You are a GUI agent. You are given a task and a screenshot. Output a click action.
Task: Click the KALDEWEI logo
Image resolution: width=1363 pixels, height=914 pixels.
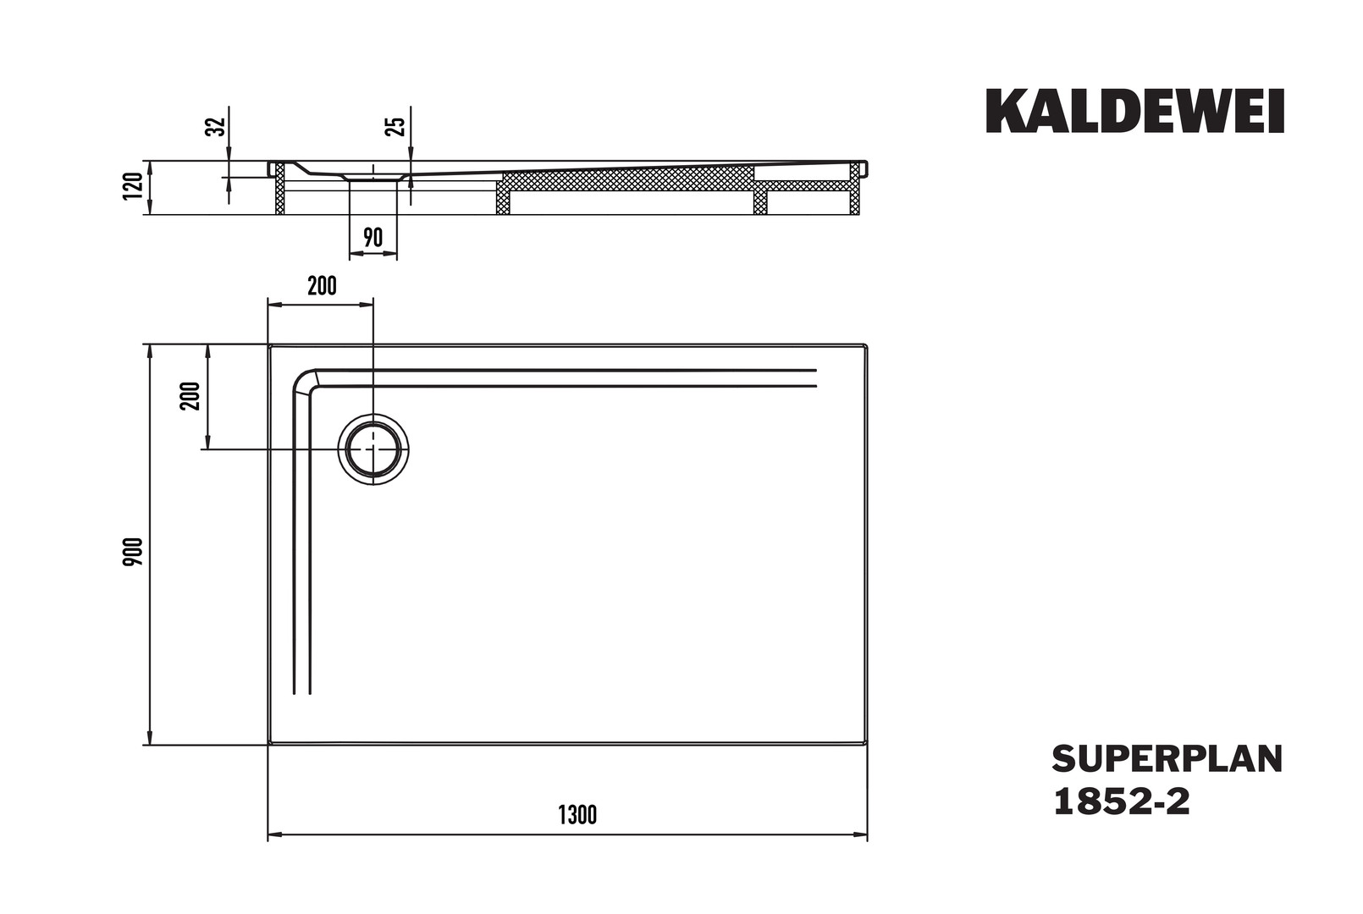(1134, 111)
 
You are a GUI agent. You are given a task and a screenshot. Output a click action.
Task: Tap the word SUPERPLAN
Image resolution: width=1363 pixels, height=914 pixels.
(1167, 759)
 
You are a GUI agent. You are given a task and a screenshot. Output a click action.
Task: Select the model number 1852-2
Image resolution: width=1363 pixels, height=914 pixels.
(1121, 801)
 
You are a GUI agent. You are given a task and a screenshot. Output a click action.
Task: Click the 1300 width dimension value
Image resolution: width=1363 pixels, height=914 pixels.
(577, 815)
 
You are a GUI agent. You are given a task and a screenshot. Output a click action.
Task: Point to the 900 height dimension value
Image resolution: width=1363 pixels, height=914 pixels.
(133, 552)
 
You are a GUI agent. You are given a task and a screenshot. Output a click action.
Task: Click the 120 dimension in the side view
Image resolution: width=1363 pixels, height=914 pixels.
(133, 185)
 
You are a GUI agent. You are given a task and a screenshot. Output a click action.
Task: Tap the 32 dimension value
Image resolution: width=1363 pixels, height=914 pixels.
(217, 126)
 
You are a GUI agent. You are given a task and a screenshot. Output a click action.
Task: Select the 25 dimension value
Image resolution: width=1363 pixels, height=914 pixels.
(395, 126)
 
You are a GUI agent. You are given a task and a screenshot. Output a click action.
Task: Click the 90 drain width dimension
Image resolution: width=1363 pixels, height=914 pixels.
(372, 237)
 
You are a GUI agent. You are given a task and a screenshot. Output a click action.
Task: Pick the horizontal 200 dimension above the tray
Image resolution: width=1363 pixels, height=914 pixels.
(322, 286)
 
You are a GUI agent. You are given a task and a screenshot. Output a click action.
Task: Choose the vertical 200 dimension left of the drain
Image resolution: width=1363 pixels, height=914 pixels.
(190, 396)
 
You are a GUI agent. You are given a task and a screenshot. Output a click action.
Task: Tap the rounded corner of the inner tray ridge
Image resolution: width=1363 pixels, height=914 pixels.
(303, 382)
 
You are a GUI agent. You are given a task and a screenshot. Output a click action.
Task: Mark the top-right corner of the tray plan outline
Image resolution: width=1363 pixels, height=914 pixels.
(867, 344)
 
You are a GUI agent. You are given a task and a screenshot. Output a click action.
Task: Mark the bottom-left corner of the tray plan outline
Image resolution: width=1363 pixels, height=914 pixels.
(269, 744)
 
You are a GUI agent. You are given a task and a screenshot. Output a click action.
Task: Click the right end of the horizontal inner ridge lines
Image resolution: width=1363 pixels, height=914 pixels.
(815, 377)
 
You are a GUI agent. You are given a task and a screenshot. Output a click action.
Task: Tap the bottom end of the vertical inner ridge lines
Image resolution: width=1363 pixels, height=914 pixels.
(302, 693)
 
